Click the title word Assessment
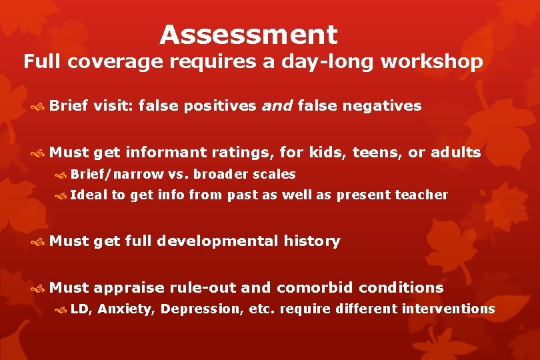pyautogui.click(x=248, y=35)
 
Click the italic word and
pyautogui.click(x=277, y=105)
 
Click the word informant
pyautogui.click(x=165, y=153)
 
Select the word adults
pyautogui.click(x=456, y=153)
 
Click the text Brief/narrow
pyautogui.click(x=117, y=174)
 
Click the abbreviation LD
pyautogui.click(x=79, y=309)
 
